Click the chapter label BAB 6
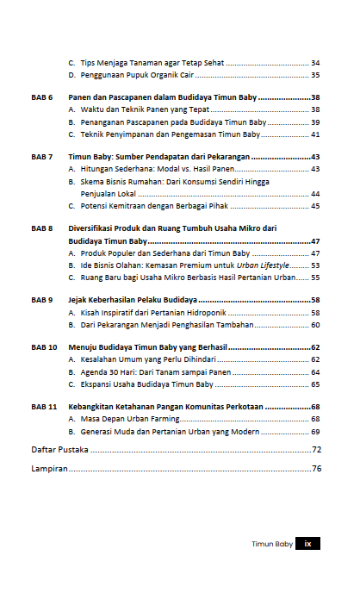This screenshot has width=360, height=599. coord(42,97)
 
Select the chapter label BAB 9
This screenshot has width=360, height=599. coord(42,299)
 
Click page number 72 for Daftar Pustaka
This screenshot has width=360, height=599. coord(316,450)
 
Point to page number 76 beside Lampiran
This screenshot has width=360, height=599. coord(316,470)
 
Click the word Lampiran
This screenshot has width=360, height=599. coord(49,470)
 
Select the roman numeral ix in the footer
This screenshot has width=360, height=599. coord(307,545)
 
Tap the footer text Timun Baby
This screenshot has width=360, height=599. coord(271,545)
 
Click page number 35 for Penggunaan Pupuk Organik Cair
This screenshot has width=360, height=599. coord(315,76)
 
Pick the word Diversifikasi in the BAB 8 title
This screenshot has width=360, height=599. coord(94,228)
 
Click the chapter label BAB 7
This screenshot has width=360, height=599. coord(42,157)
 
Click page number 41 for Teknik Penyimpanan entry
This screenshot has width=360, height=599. coord(315,135)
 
